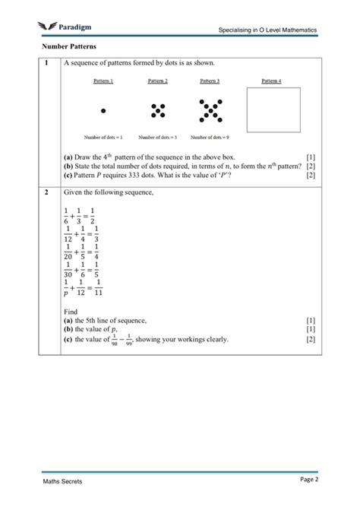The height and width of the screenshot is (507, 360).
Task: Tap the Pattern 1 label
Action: point(103,81)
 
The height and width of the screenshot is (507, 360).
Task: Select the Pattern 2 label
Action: point(157,81)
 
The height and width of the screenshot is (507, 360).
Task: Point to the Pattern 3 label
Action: point(210,81)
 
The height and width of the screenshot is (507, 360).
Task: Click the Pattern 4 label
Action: point(271,81)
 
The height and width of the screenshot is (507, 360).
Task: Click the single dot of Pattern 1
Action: point(103,111)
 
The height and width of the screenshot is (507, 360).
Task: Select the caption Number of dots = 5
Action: point(157,138)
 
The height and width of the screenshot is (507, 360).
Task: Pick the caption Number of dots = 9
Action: point(210,138)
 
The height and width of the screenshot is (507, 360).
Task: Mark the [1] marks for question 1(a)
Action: point(310,157)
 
